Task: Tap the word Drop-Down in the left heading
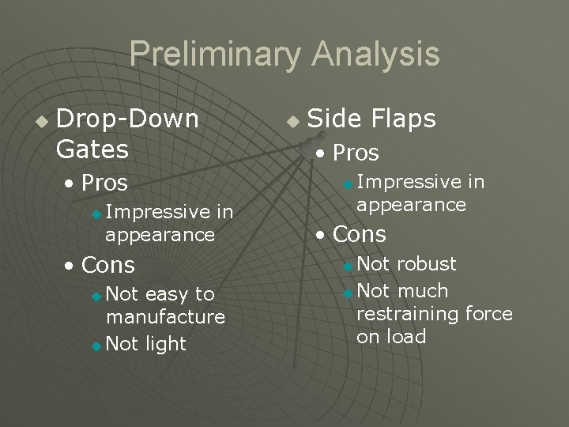(x=127, y=119)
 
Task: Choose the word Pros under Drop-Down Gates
(x=104, y=183)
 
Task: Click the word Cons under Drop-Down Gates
(x=108, y=264)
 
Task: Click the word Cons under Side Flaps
(x=360, y=234)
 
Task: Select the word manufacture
(x=164, y=317)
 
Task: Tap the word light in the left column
(x=165, y=344)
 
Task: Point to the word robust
(x=427, y=264)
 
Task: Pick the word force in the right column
(x=488, y=314)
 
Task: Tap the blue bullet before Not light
(x=96, y=346)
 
